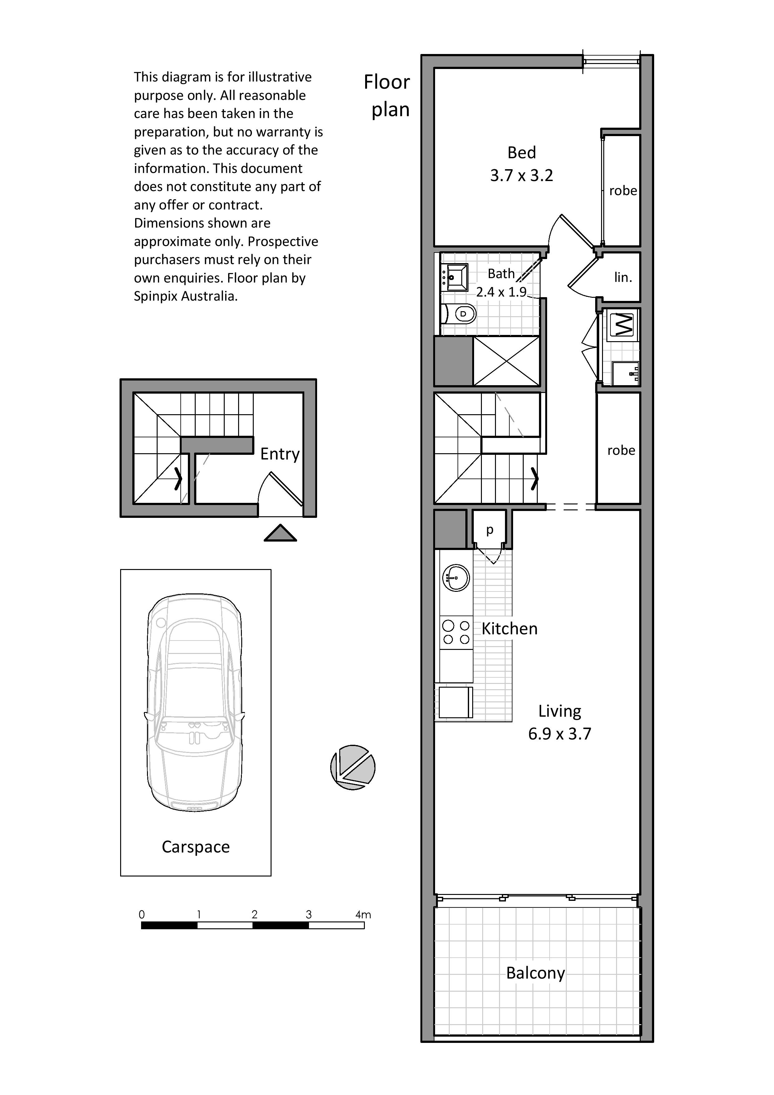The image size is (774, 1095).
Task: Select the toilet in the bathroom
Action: (x=460, y=314)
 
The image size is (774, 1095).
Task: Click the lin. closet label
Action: (x=623, y=277)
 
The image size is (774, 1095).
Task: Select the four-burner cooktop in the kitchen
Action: (x=456, y=632)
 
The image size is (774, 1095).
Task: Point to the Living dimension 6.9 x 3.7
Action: (x=559, y=734)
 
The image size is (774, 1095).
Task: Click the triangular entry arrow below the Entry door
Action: (x=280, y=534)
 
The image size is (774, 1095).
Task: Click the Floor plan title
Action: (x=387, y=96)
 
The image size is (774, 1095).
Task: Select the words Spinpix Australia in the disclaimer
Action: (x=185, y=296)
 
